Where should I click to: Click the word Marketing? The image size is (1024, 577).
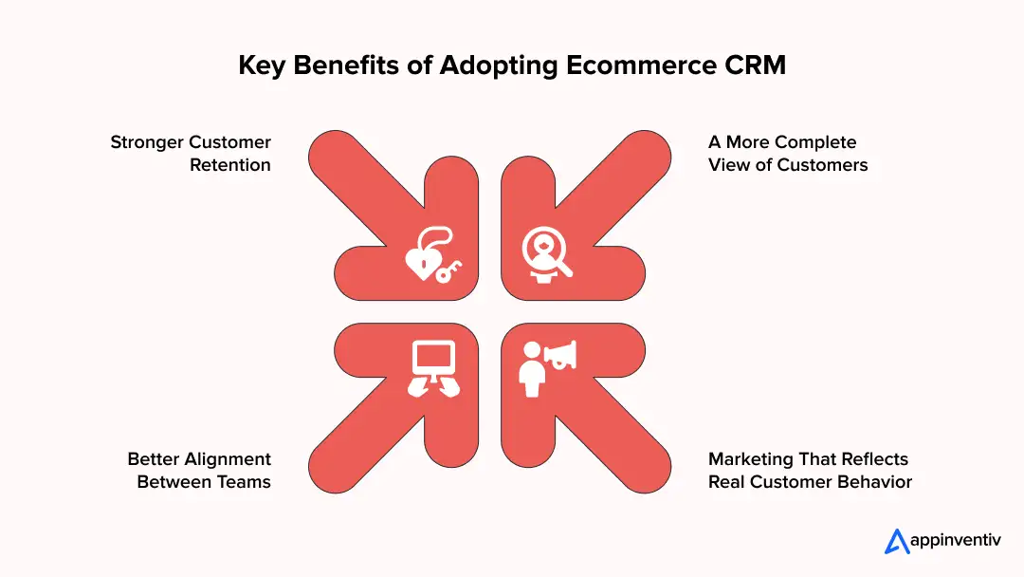[753, 459]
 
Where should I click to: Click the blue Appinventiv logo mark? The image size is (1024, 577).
[897, 541]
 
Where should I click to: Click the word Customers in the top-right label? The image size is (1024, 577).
[824, 165]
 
